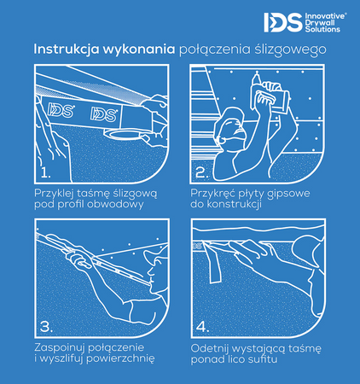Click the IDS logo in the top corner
282,22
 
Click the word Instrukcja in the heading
67,49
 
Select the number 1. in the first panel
45,172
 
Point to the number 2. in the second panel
202,172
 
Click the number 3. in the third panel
46,326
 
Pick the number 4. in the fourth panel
202,327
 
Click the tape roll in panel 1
123,133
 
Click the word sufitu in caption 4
262,359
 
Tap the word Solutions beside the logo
322,29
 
